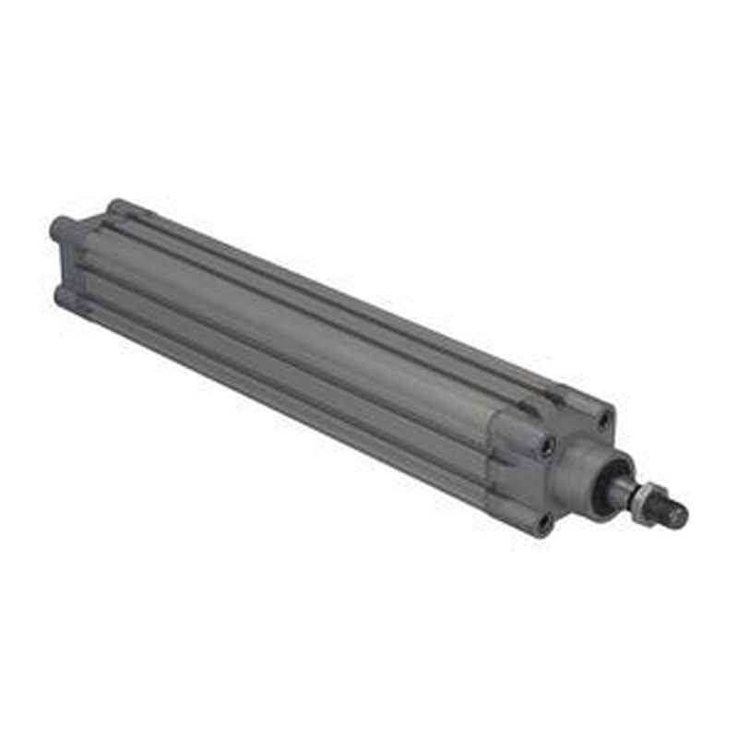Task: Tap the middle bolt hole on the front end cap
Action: pyautogui.click(x=549, y=446)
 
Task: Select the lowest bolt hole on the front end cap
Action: pyautogui.click(x=544, y=522)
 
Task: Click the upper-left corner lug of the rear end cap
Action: pyautogui.click(x=61, y=226)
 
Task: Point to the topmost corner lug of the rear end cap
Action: pyautogui.click(x=117, y=208)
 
